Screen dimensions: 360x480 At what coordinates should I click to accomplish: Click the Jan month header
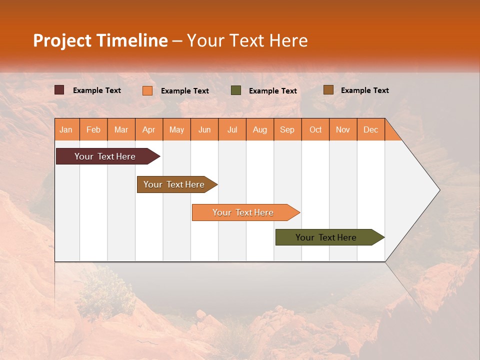coord(66,129)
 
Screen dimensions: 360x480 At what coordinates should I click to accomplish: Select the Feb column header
coord(93,129)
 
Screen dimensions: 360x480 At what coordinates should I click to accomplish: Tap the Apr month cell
coord(149,129)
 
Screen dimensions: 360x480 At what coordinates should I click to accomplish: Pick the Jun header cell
coord(204,129)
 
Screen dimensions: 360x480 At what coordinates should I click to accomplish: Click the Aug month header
coord(260,129)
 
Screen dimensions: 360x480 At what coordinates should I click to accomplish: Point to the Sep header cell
coord(287,129)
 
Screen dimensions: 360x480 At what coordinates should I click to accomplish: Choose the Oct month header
coord(315,129)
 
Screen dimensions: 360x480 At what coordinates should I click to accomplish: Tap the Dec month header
coord(371,129)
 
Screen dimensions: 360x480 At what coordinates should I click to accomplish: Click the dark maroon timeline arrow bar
coord(105,156)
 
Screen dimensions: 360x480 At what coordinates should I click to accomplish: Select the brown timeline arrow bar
coord(174,184)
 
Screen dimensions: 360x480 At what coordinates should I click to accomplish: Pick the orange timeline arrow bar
coord(243,212)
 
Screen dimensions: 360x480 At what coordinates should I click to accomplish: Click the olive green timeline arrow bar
coord(326,237)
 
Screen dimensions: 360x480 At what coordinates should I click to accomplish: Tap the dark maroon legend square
coord(59,90)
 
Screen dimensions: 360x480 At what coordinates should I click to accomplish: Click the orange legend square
coord(147,90)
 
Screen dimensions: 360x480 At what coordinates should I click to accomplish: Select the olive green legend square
coord(236,90)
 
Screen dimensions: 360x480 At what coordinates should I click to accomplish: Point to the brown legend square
coord(328,90)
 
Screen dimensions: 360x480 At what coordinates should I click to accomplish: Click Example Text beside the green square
coord(273,90)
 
